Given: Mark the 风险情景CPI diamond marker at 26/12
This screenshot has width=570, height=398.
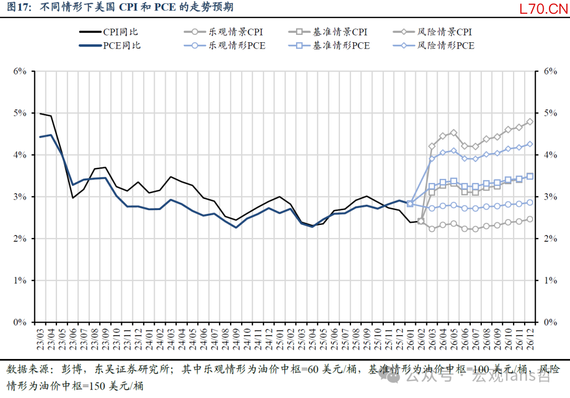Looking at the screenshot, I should [530, 121].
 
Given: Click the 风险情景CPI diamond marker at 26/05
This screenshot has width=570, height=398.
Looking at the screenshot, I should [453, 132].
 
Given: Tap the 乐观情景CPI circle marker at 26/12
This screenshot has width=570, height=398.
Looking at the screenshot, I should [530, 219].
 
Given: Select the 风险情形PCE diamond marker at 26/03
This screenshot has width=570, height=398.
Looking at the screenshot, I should [432, 158].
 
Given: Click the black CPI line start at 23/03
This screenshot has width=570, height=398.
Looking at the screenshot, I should [40, 113].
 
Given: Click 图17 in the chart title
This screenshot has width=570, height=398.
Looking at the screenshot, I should [18, 8].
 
